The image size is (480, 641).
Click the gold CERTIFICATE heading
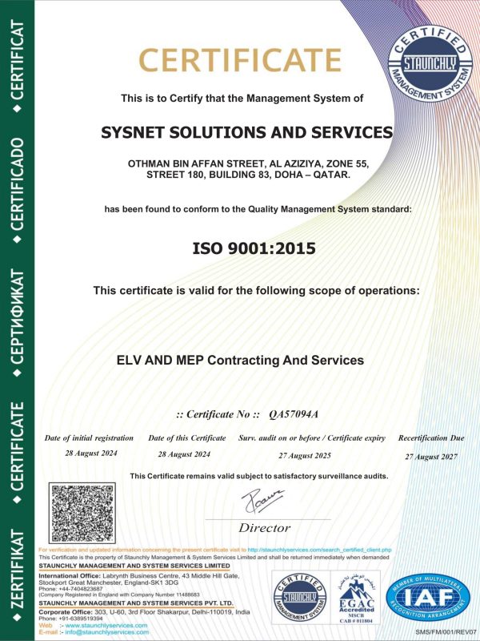(x=241, y=61)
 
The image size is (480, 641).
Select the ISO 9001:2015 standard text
(x=242, y=249)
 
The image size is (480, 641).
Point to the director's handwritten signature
(x=262, y=502)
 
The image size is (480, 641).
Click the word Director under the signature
(x=264, y=528)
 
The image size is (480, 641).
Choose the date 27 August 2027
(x=431, y=456)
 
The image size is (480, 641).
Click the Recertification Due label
(x=431, y=438)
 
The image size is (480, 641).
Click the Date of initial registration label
(x=89, y=438)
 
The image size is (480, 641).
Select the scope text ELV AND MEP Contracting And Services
(x=240, y=361)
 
